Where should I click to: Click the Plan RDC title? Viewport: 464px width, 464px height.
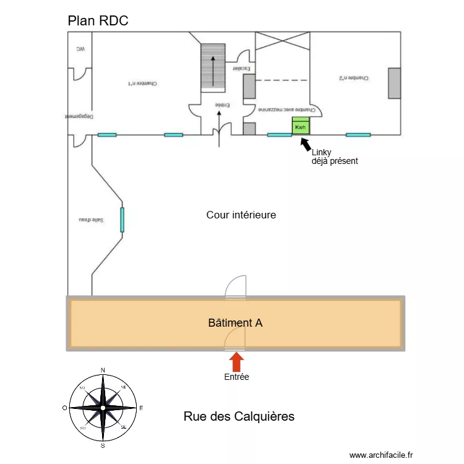pos(98,20)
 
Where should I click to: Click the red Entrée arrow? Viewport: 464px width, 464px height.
pos(236,362)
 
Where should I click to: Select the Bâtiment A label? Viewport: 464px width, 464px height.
pos(235,322)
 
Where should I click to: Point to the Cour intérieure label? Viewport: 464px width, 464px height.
pos(241,215)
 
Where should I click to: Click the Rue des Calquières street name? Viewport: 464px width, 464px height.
pos(239,416)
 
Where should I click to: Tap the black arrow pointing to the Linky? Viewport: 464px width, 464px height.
pos(306,144)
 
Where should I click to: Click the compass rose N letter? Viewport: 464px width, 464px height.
pos(103,370)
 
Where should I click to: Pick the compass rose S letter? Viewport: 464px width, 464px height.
pos(103,445)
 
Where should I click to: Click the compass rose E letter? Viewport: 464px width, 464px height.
pos(141,408)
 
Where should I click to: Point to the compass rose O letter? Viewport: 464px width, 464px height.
pos(64,408)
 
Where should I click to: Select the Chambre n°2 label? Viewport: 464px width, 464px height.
pos(354,79)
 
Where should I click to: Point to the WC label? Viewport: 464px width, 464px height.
pos(80,49)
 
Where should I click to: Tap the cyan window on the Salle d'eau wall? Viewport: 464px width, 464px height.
pos(122,220)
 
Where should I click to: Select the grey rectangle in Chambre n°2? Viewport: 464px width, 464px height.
pos(394,83)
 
